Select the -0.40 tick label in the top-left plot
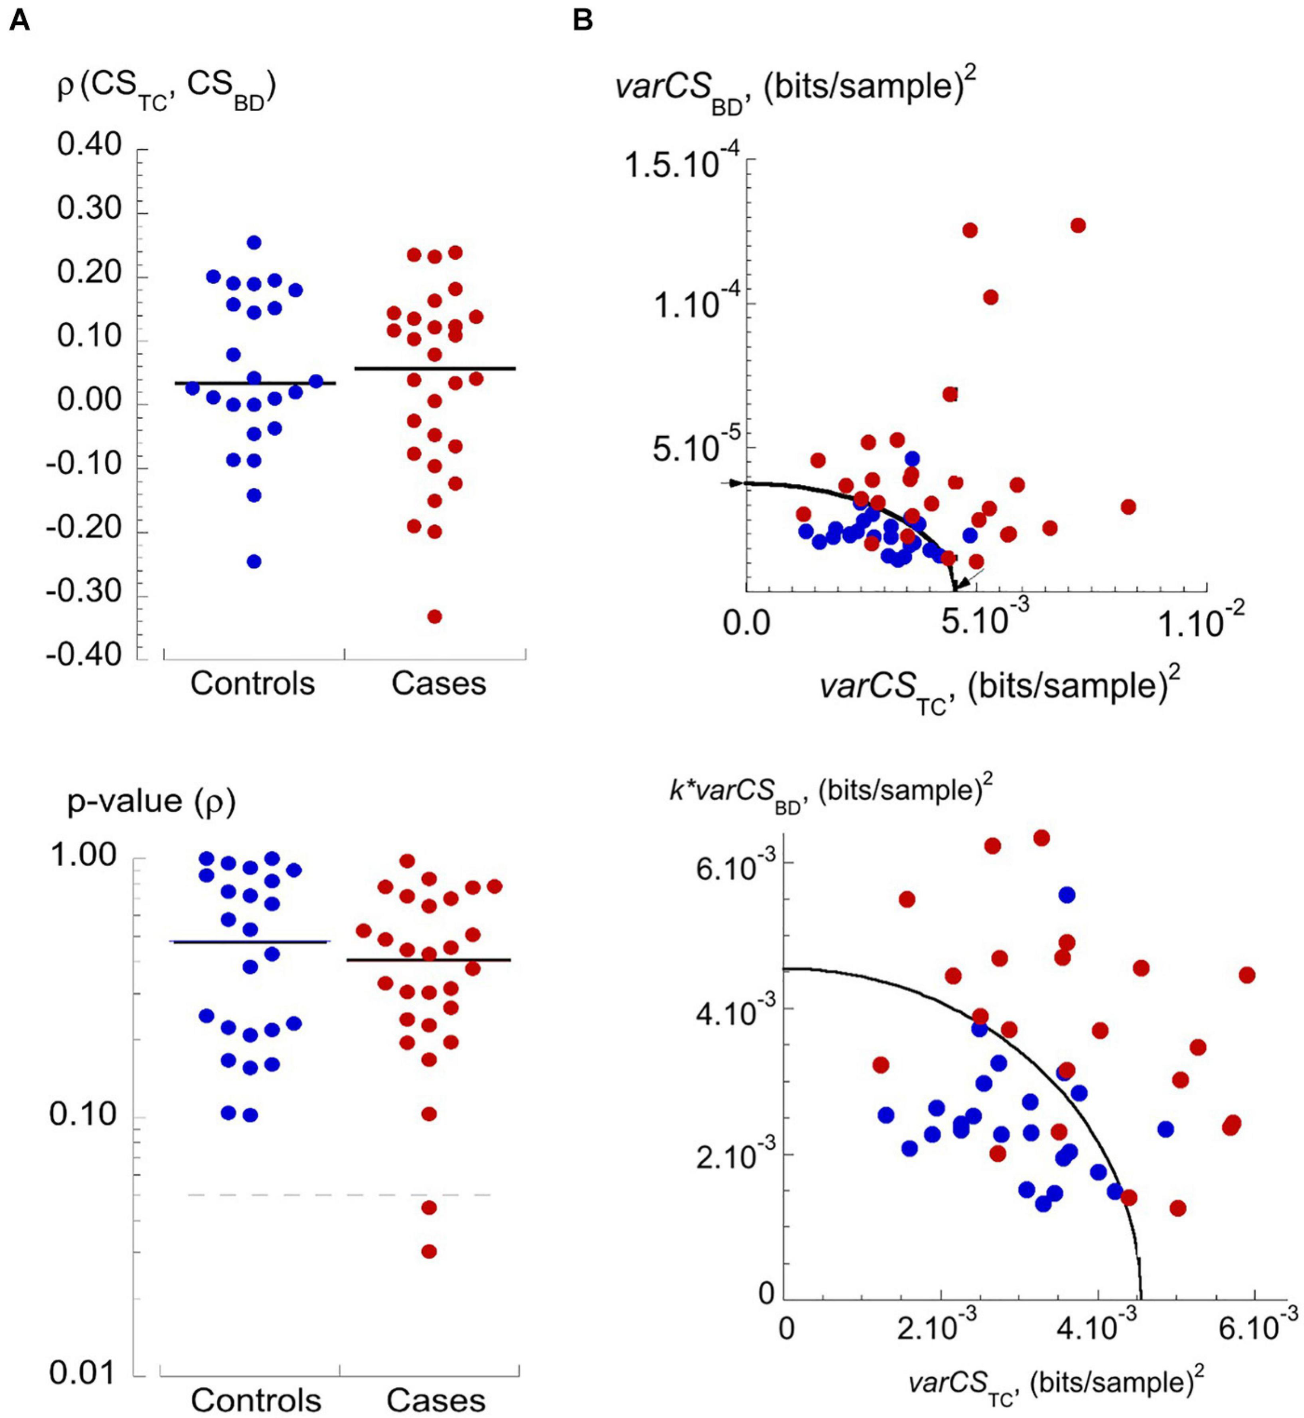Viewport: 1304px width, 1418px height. [x=84, y=655]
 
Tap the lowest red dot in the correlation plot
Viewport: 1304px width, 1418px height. [x=435, y=616]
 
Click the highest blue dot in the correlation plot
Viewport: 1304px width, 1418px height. [x=254, y=242]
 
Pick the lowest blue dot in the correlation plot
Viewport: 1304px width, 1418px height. [x=254, y=562]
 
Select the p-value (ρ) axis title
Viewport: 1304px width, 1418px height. [x=151, y=802]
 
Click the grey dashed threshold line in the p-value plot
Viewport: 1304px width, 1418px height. [x=339, y=1195]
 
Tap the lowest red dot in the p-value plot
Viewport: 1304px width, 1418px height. [x=428, y=1251]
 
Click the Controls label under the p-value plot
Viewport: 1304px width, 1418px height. [x=255, y=1400]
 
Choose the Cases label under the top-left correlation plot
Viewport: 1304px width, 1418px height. [x=439, y=683]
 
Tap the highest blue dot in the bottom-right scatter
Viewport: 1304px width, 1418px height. [x=1066, y=894]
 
